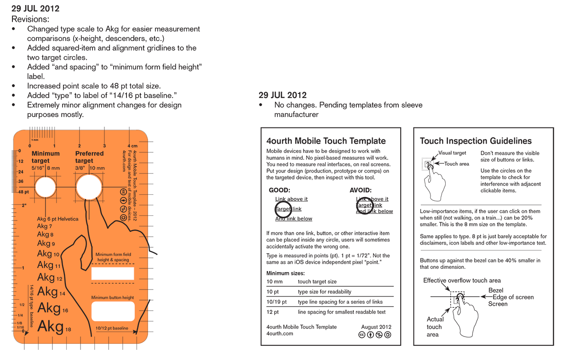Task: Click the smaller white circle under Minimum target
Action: click(x=45, y=187)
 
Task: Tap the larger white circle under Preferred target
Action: click(x=89, y=187)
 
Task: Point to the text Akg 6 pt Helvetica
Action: click(x=57, y=219)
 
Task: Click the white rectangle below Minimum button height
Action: click(x=113, y=311)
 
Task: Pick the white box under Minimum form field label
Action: click(x=113, y=273)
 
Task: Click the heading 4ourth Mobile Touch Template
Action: click(x=326, y=141)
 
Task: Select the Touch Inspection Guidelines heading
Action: click(x=476, y=141)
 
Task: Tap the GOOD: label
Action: click(x=279, y=190)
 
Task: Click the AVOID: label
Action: click(x=361, y=190)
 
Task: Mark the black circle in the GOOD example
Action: click(x=283, y=209)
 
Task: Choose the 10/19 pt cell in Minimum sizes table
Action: click(x=276, y=302)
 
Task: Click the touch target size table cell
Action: click(x=317, y=281)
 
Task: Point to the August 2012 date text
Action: click(x=376, y=327)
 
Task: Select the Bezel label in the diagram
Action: click(x=495, y=290)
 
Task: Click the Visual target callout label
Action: click(x=452, y=153)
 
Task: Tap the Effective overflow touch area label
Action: click(x=462, y=280)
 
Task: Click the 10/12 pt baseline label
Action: click(x=112, y=328)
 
